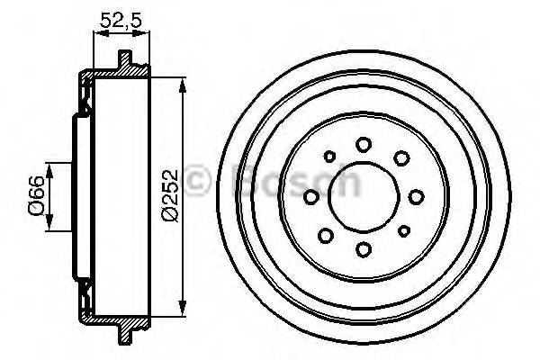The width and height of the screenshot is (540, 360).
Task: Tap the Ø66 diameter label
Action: pyautogui.click(x=33, y=195)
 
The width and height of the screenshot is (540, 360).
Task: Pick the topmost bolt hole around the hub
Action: pyautogui.click(x=364, y=144)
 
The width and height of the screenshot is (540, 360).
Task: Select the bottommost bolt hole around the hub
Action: pyautogui.click(x=364, y=248)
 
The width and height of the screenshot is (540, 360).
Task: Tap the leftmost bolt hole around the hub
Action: pyautogui.click(x=311, y=196)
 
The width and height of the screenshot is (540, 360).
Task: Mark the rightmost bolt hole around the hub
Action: pyautogui.click(x=416, y=196)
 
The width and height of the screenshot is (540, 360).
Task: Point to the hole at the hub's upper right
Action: pyautogui.click(x=400, y=159)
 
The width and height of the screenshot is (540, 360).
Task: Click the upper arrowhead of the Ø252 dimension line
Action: pyautogui.click(x=184, y=82)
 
